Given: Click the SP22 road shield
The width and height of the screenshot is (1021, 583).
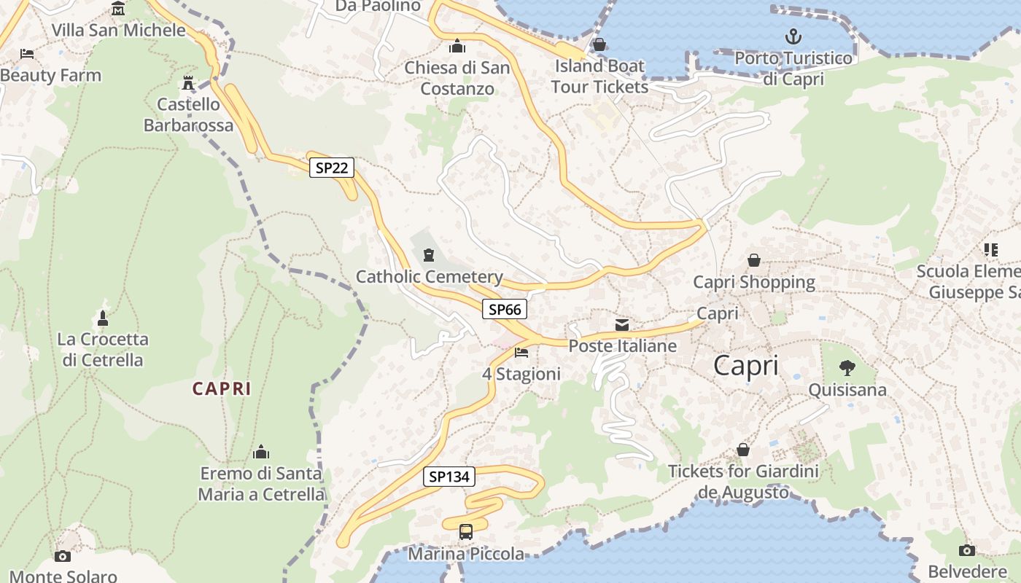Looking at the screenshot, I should [332, 168].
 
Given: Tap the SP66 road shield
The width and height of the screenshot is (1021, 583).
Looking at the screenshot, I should [505, 310].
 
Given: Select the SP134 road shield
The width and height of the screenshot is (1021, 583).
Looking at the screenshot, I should [449, 477].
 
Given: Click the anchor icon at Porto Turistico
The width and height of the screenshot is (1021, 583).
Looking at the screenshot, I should [793, 36].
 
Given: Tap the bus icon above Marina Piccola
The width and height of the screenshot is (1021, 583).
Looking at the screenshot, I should [466, 532].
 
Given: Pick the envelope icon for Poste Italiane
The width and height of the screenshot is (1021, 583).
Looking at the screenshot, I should [622, 324].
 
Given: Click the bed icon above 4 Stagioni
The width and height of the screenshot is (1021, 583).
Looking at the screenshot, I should [521, 353].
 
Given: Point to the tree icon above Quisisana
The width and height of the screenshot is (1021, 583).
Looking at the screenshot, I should [847, 367].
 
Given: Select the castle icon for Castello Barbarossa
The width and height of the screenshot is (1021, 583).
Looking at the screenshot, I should [188, 82].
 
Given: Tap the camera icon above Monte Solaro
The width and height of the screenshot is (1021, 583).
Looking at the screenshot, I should [63, 556].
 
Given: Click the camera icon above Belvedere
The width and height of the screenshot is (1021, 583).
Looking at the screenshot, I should [967, 550].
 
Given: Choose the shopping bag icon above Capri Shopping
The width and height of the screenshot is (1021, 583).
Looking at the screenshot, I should [754, 260].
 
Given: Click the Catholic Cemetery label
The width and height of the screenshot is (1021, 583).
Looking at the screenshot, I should [430, 277].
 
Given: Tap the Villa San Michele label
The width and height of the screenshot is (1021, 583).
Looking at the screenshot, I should [118, 31].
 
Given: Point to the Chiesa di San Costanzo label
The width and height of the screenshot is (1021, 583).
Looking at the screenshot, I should [457, 78].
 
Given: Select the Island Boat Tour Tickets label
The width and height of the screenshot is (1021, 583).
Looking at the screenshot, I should [599, 77].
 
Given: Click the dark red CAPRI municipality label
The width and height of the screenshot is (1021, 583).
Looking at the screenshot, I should [222, 389].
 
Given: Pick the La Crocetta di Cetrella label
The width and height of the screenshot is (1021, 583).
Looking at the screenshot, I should [103, 349].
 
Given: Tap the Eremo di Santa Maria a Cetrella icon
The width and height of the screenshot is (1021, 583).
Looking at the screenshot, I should [261, 453].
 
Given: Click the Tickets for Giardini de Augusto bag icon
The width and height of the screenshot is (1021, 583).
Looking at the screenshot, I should [743, 450].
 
